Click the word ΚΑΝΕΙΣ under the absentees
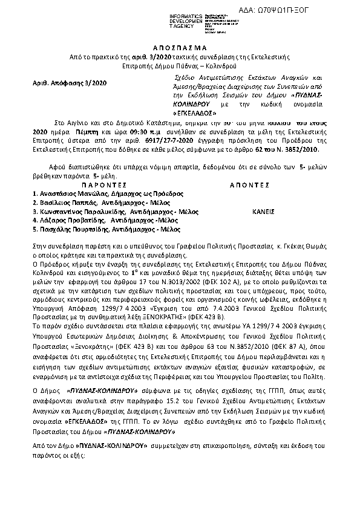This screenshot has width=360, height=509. click(x=263, y=212)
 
